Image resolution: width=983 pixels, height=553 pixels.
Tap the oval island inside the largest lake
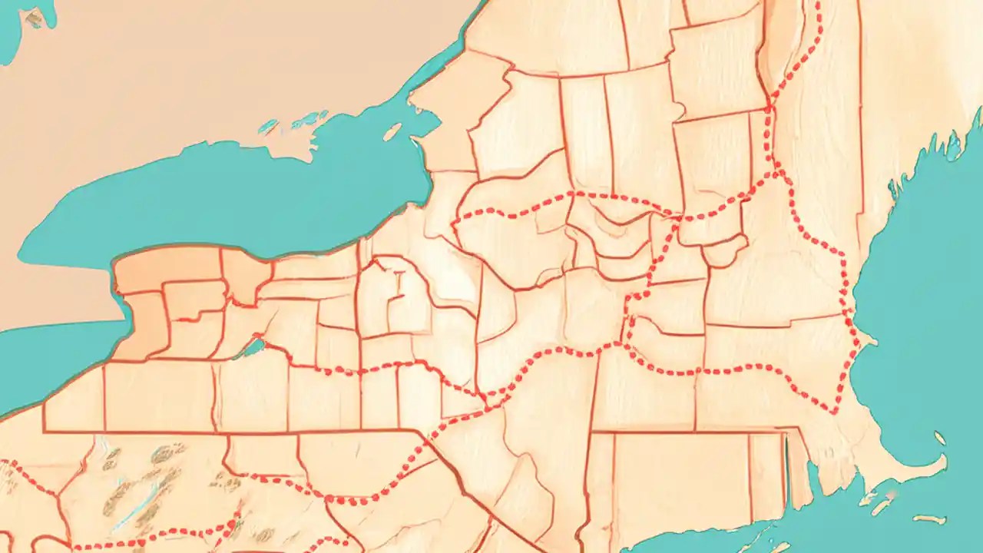(x=392, y=133)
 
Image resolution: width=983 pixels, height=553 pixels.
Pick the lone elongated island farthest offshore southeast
(x=929, y=519)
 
